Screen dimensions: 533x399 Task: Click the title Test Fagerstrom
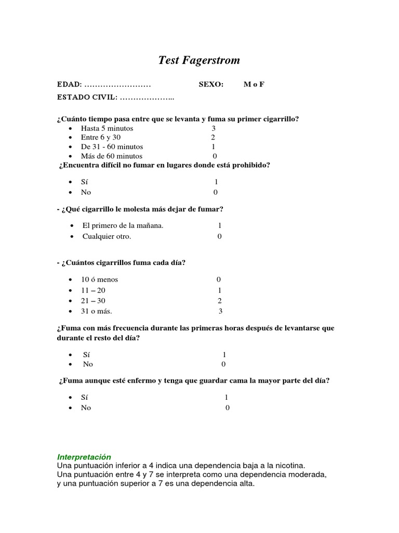click(x=199, y=60)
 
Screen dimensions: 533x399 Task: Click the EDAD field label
click(x=69, y=84)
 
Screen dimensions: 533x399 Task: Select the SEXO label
click(x=211, y=84)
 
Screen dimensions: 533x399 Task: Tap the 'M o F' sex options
click(x=254, y=84)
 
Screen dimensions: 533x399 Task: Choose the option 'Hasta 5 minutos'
click(x=107, y=128)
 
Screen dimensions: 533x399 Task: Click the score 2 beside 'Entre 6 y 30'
click(x=213, y=137)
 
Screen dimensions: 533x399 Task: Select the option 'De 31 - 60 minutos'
click(x=112, y=147)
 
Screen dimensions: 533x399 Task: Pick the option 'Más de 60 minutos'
click(x=111, y=156)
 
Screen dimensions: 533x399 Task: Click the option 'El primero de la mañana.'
click(x=123, y=225)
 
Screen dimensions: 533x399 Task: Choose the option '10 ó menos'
click(x=99, y=280)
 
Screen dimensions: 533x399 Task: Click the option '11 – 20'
click(x=93, y=290)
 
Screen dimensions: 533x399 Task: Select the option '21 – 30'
click(x=93, y=301)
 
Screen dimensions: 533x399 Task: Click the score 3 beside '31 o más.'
click(x=220, y=311)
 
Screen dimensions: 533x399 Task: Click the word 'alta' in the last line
click(x=246, y=484)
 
